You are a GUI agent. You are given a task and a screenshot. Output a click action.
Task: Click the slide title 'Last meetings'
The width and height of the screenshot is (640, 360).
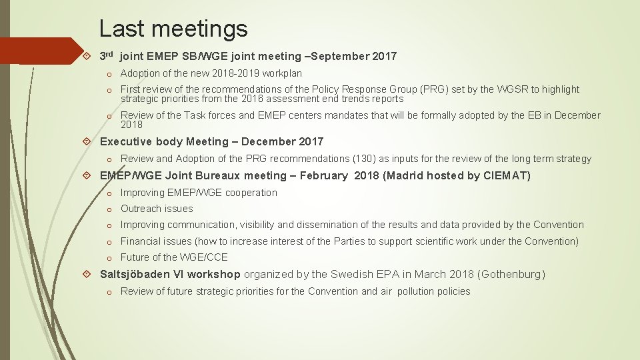point(173,28)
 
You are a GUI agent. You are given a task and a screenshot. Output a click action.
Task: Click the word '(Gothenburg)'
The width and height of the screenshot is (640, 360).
point(511,275)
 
